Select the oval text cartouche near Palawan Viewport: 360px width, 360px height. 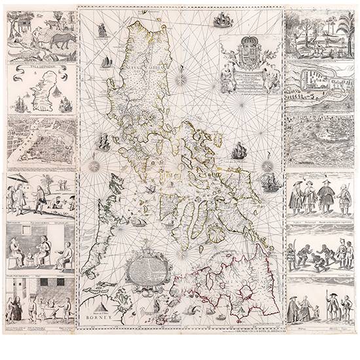pos(147,274)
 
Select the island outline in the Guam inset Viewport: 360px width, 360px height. pos(42,92)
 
